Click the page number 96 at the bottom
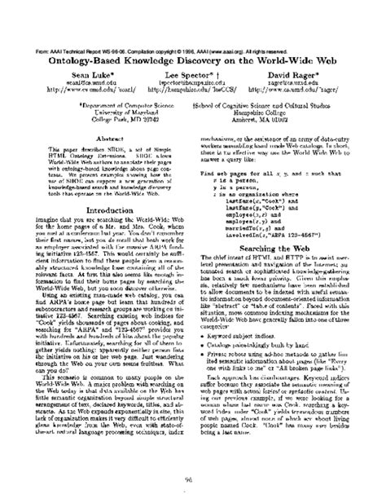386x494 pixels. pyautogui.click(x=192, y=479)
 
